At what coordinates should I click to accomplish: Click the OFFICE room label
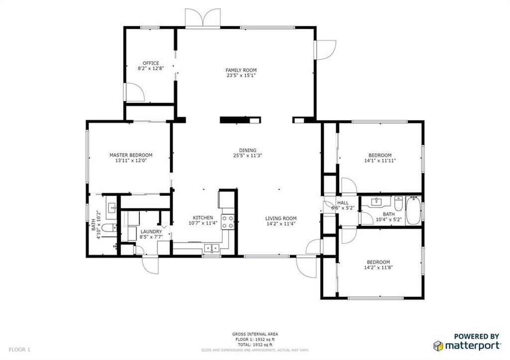(151, 63)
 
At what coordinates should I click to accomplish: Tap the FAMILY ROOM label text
(241, 70)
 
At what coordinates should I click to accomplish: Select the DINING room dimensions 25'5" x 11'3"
(248, 155)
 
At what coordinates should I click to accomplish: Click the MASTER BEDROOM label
(131, 155)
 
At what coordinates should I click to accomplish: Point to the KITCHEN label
(203, 218)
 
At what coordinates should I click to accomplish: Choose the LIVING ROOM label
(281, 219)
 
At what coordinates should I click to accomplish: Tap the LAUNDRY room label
(151, 232)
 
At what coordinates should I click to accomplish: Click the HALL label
(343, 203)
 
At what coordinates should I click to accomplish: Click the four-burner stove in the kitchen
(228, 222)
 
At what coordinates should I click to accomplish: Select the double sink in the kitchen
(212, 249)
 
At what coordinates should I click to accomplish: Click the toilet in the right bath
(398, 203)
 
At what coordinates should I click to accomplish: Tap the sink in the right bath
(378, 201)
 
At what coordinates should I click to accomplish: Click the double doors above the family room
(203, 17)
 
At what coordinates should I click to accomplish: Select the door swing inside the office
(134, 92)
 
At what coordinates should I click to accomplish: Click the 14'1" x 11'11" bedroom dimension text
(380, 160)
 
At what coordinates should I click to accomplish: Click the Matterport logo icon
(438, 346)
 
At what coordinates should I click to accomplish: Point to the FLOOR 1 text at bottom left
(19, 350)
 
